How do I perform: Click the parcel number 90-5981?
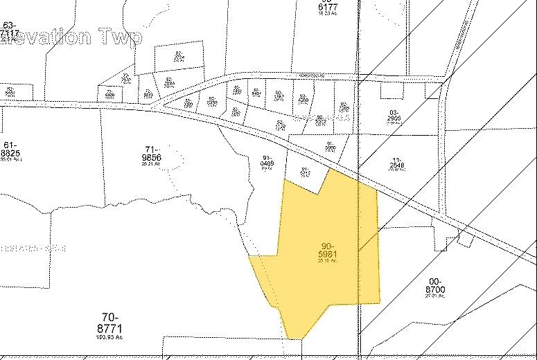pos(329,251)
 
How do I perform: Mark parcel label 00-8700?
pos(434,286)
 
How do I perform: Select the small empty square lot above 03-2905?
pos(392,90)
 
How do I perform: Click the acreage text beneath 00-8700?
pos(434,296)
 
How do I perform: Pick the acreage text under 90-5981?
pos(329,261)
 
